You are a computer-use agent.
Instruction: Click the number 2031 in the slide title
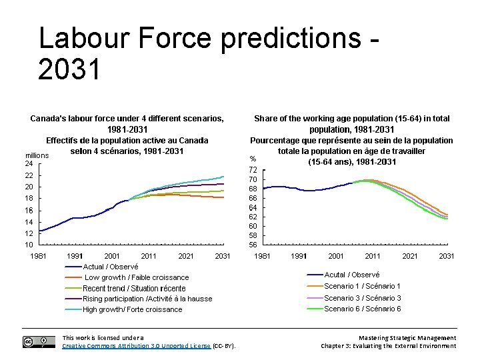69,69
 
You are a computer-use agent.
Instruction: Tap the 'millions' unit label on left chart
37,155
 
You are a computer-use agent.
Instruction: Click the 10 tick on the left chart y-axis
29,245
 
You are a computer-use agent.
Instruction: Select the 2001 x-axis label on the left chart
112,256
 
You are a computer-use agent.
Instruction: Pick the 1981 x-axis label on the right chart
263,256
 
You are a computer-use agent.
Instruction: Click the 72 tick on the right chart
253,171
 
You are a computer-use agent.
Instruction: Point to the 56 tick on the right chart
253,245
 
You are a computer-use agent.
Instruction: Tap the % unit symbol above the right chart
253,159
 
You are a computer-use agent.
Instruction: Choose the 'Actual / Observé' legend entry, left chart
111,267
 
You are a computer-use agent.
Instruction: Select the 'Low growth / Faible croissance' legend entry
136,277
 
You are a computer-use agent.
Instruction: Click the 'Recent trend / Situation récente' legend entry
134,288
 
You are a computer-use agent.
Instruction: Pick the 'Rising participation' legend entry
147,299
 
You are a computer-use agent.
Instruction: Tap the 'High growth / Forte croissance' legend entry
132,309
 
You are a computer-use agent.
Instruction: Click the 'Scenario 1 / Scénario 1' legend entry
362,286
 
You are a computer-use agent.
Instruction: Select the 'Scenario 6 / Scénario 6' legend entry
362,309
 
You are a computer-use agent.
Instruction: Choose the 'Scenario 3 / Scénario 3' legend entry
362,298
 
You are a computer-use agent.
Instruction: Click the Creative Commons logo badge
39,342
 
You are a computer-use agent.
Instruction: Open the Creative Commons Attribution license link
136,346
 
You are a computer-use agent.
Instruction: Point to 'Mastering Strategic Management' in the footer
407,338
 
